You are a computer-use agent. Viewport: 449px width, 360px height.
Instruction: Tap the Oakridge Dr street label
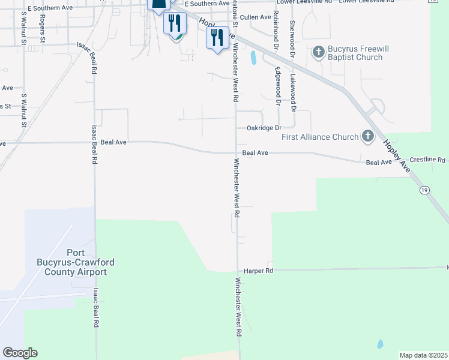click(x=264, y=128)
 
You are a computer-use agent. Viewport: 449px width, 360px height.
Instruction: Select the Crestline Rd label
click(x=428, y=160)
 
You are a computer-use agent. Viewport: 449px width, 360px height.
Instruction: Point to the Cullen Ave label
click(x=255, y=17)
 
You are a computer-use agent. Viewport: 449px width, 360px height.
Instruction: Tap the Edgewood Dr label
click(x=278, y=85)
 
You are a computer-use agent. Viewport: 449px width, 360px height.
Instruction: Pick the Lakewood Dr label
click(x=294, y=94)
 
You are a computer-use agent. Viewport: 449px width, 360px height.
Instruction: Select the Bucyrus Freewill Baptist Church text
click(x=355, y=53)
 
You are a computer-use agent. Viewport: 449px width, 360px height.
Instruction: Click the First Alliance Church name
click(x=320, y=137)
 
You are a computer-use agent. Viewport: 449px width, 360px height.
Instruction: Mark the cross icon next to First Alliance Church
click(x=367, y=137)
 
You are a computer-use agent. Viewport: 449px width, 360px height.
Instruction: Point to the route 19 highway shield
click(x=424, y=190)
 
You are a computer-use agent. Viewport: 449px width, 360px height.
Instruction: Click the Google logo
click(x=20, y=353)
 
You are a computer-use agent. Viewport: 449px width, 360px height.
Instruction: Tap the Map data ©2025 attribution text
click(x=423, y=355)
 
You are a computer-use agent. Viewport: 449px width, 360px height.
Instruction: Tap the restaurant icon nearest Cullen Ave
click(x=216, y=38)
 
